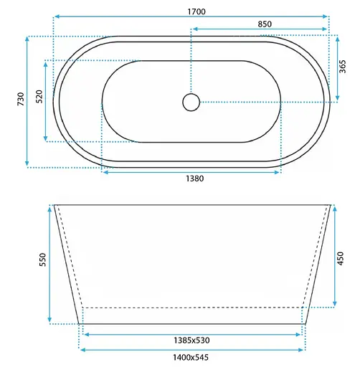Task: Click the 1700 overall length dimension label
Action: point(196,11)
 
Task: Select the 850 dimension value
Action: point(265,24)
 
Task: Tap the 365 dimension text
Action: point(342,67)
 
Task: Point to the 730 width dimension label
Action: point(21,99)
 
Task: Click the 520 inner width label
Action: point(39,97)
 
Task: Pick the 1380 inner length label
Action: point(195,178)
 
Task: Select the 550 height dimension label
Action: point(42,259)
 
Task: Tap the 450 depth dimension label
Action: point(340,258)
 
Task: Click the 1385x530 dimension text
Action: point(191,340)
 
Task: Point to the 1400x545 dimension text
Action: point(191,358)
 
